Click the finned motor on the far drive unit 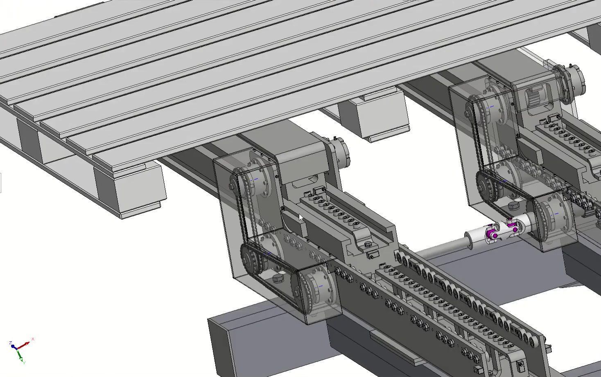point(535,99)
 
